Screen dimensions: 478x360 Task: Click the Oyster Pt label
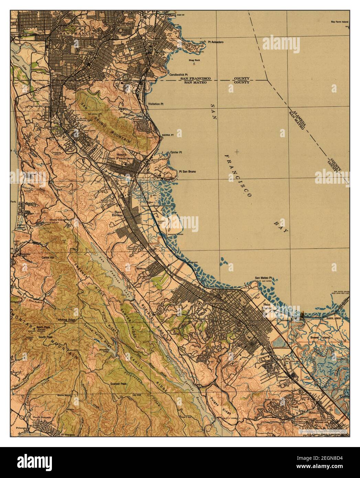coord(175,152)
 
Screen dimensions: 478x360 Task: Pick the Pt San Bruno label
coord(187,172)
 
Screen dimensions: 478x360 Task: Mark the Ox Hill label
coord(137,395)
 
